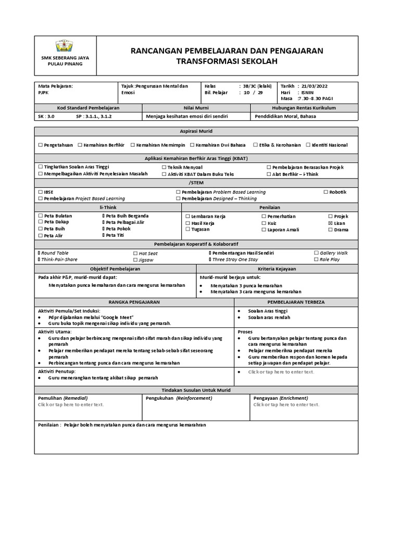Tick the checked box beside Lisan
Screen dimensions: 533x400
[330, 223]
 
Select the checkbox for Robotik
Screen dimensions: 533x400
[326, 192]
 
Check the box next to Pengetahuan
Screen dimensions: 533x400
[40, 145]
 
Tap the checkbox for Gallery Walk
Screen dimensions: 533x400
[316, 253]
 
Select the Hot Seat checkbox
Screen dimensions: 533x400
[135, 253]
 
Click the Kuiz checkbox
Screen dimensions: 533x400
[264, 223]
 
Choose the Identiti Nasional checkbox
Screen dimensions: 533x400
[308, 145]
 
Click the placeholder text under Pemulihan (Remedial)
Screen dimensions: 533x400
[71, 404]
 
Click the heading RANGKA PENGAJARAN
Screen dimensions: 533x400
[134, 302]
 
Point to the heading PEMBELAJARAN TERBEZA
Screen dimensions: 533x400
[296, 302]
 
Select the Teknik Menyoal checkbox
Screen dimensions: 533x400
[164, 167]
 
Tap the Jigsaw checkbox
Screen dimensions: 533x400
[135, 260]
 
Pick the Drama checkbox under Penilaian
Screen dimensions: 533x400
[330, 230]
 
